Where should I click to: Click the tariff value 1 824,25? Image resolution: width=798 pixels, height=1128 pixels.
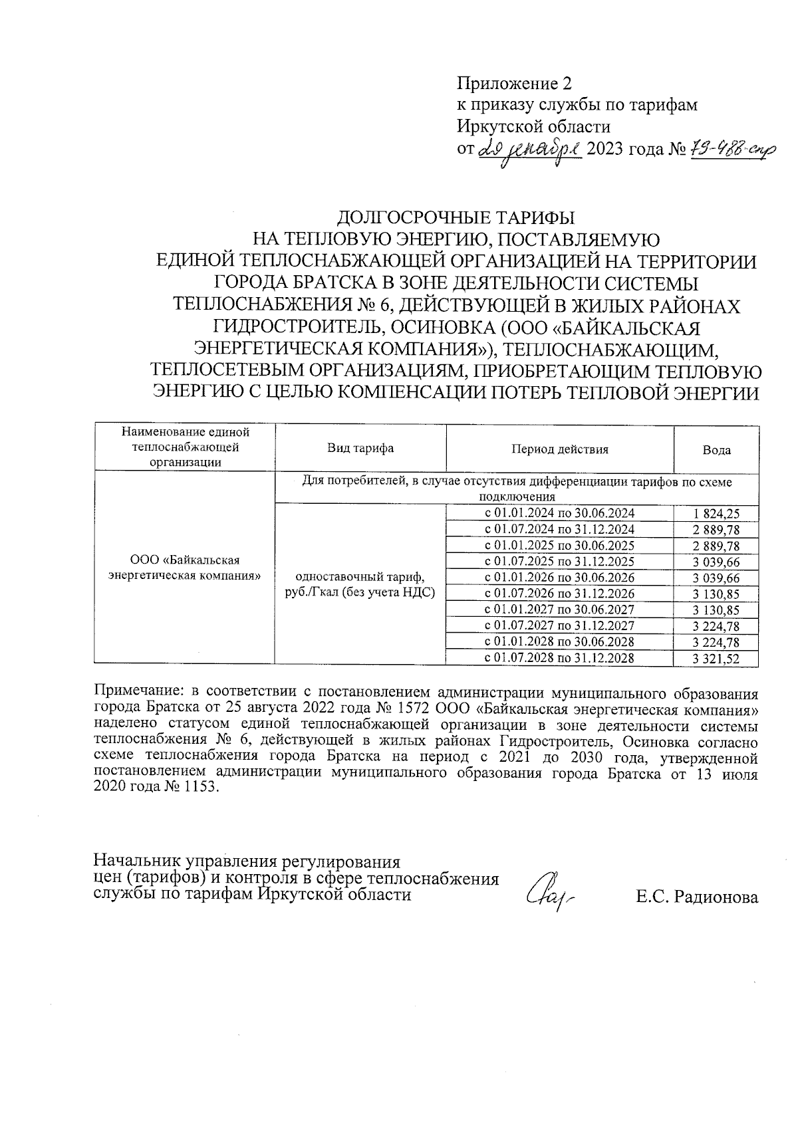[716, 514]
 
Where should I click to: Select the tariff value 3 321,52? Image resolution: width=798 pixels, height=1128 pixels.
[716, 659]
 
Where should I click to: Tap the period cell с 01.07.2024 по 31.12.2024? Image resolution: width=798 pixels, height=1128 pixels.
[559, 529]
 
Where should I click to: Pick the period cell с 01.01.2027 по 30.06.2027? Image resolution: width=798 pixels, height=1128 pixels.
[559, 610]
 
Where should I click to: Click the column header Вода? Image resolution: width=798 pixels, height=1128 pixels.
[716, 450]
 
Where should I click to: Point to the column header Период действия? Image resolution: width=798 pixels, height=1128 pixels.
[559, 449]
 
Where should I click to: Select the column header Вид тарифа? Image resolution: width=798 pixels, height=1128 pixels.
[360, 448]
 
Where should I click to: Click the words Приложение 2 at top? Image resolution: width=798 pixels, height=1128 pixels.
[513, 84]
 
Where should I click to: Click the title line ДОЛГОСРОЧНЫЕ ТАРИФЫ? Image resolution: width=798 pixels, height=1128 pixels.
[456, 218]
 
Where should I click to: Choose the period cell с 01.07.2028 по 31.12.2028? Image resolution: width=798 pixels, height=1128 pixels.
[559, 658]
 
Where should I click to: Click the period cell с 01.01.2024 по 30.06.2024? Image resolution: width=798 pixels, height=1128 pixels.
[559, 513]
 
